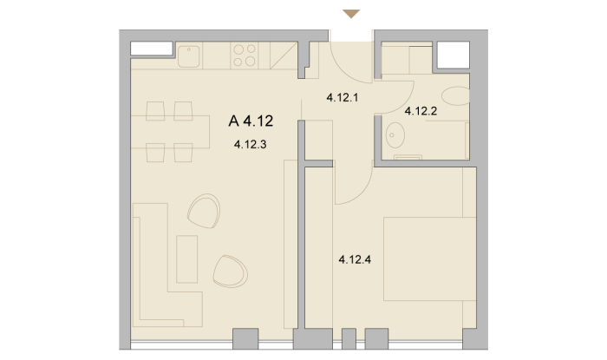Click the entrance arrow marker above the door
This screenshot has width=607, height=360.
351,14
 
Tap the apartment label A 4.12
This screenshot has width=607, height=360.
251,121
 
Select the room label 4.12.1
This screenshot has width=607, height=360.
343,97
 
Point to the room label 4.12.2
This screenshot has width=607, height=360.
421,112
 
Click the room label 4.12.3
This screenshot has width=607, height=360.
250,145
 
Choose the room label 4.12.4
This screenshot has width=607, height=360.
355,259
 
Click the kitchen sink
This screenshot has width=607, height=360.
188,56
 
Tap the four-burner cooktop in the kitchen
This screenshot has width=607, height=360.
245,56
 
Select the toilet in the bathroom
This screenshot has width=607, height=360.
455,96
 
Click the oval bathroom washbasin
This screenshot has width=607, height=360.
395,135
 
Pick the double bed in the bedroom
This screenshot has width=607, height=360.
430,259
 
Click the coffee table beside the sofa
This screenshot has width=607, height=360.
187,259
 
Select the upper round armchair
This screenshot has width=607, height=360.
204,211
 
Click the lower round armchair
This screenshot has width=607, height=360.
230,272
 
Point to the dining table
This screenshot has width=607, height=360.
170,132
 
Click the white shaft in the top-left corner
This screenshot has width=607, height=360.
152,49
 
